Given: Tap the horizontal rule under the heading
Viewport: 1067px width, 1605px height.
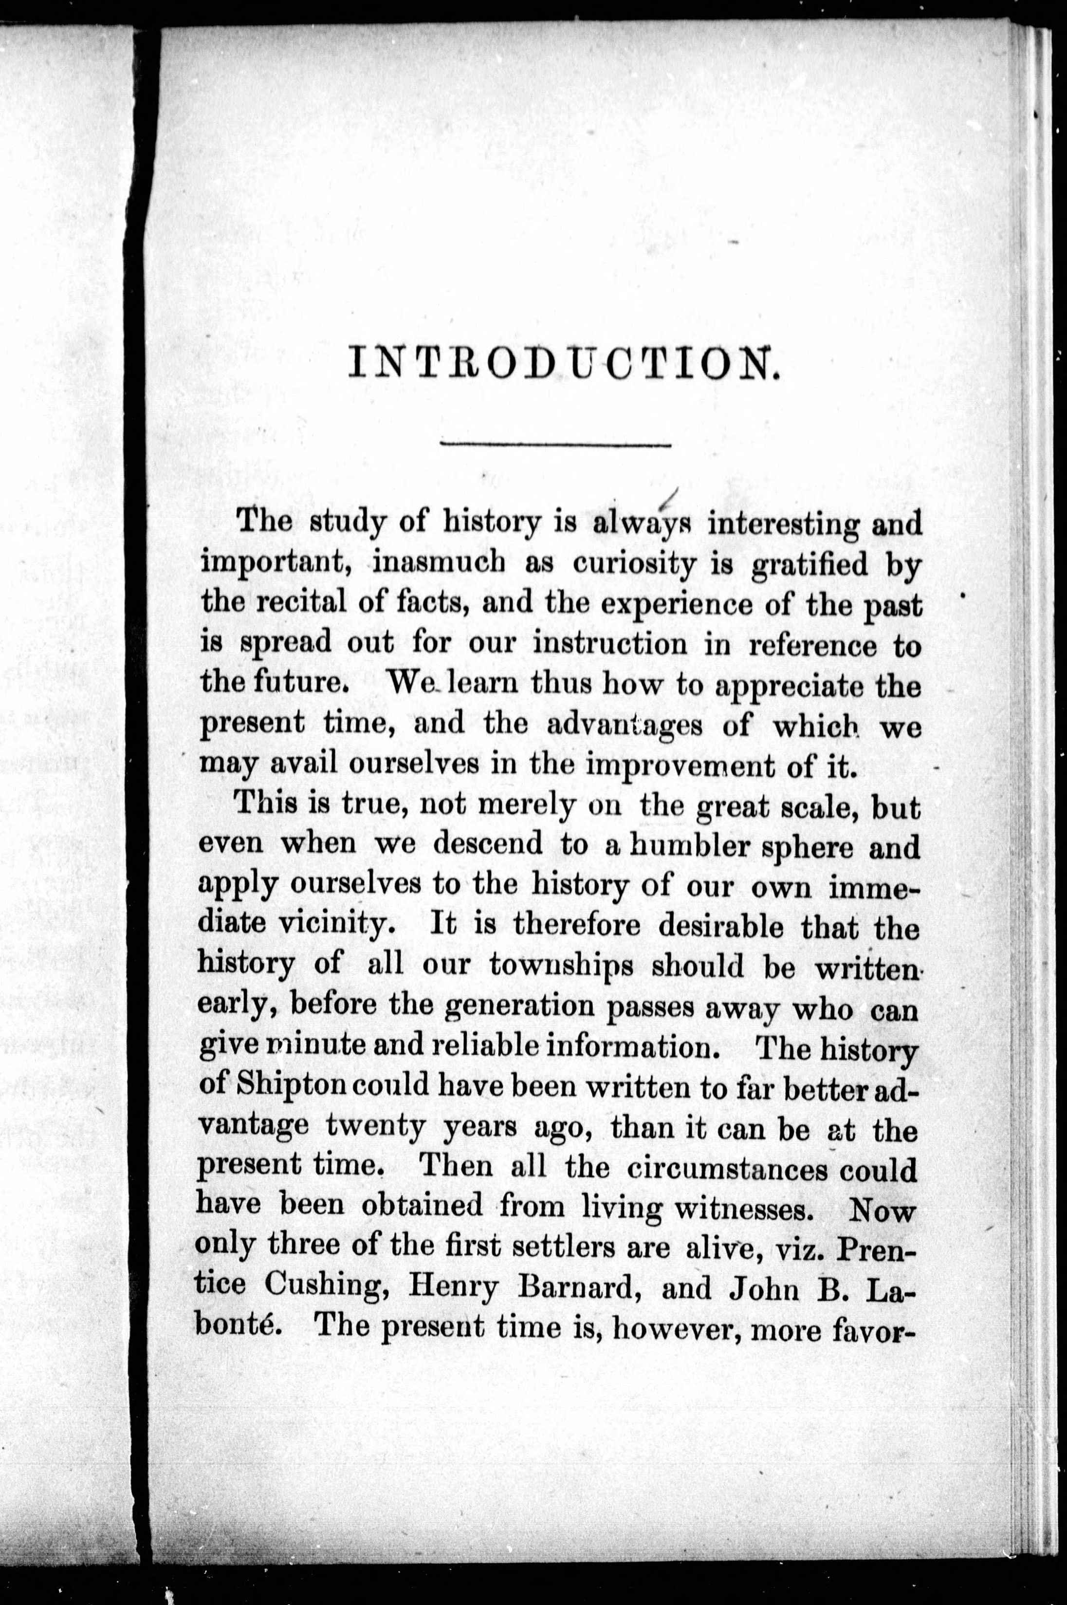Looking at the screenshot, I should pyautogui.click(x=555, y=445).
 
